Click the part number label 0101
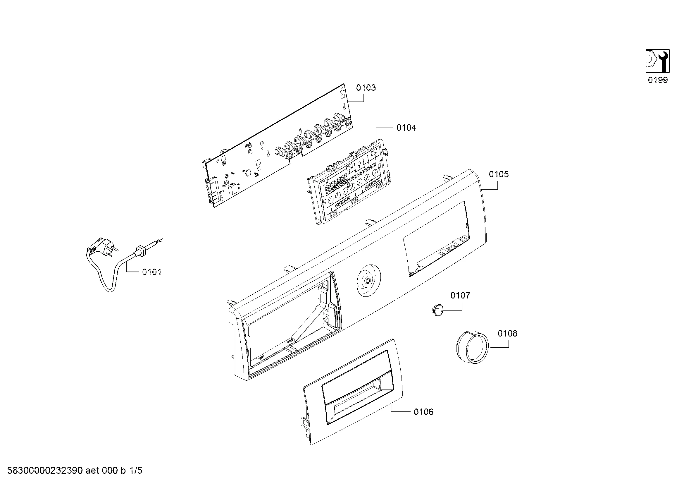click(x=152, y=272)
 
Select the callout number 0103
click(x=366, y=87)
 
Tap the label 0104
click(x=406, y=128)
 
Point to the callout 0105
click(x=499, y=174)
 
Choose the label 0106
click(x=424, y=412)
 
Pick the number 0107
click(x=460, y=295)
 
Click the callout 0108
click(x=507, y=333)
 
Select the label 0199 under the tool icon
click(x=658, y=80)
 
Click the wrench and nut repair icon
click(x=657, y=61)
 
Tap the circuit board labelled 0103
click(x=277, y=146)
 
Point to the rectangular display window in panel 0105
click(x=436, y=238)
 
